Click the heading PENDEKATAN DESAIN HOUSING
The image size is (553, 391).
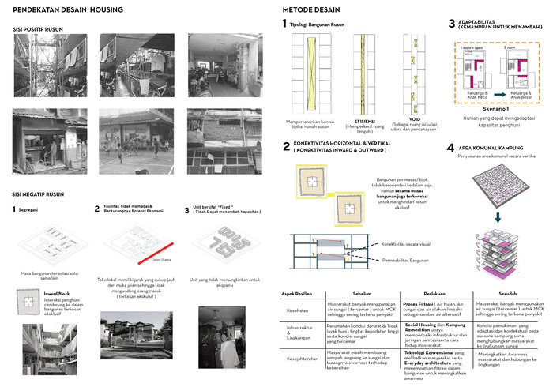[x=69, y=9]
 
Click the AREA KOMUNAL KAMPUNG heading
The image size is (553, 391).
[x=498, y=148]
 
